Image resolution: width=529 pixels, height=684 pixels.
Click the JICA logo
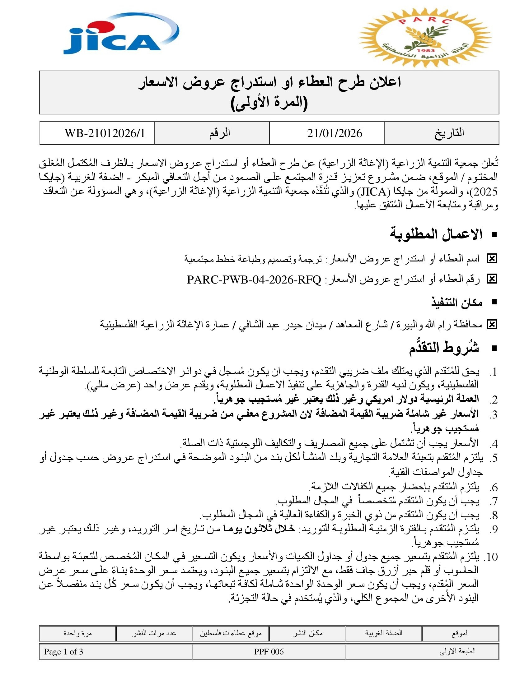(x=121, y=35)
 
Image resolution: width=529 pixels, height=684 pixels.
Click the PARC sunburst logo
(x=425, y=38)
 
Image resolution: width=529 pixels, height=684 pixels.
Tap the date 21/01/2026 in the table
(x=335, y=133)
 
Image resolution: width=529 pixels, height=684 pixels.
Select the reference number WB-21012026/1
(x=105, y=133)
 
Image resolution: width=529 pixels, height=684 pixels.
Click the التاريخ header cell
(x=449, y=133)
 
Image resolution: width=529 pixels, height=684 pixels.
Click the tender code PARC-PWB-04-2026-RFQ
(x=254, y=280)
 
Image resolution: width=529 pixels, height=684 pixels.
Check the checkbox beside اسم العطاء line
(x=492, y=259)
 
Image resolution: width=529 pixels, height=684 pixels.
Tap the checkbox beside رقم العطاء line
(x=492, y=279)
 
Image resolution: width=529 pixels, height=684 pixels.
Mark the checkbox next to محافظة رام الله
(x=492, y=325)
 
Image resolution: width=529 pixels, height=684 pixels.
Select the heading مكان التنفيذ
(x=456, y=303)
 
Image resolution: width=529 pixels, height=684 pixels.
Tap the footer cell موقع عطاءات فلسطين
(x=231, y=633)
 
